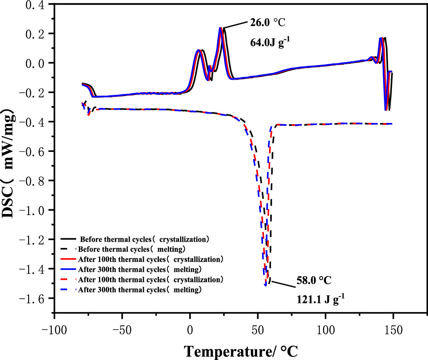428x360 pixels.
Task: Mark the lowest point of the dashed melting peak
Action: tap(266, 285)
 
